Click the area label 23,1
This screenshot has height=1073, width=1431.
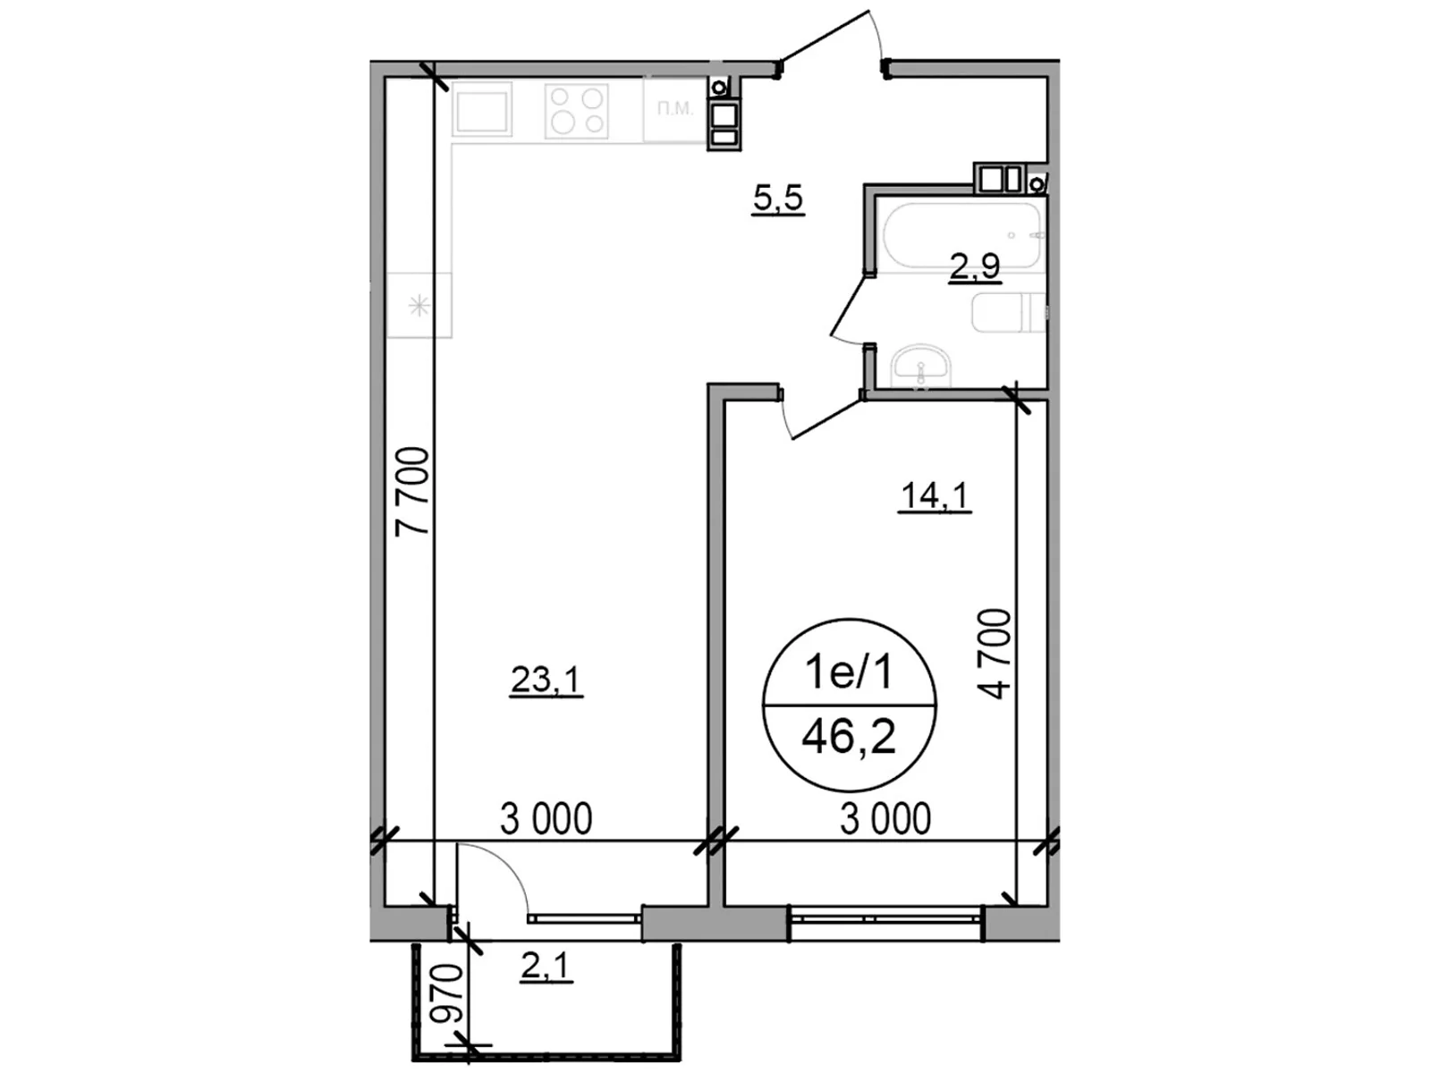(546, 680)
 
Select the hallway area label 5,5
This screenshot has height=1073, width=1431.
(778, 198)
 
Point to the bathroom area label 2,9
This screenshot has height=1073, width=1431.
(974, 266)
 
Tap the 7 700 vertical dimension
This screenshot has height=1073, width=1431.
(413, 492)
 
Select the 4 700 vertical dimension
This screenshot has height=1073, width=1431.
(995, 653)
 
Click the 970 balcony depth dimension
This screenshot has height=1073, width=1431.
(445, 994)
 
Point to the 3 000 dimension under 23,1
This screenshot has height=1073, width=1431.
(546, 818)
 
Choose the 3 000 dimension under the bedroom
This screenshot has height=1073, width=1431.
(885, 818)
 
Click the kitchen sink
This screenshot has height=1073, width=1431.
(483, 112)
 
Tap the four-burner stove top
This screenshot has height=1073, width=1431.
(577, 111)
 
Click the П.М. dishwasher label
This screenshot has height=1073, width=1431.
(674, 109)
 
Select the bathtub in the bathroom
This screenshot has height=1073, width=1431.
(961, 234)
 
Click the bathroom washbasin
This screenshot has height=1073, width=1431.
(920, 366)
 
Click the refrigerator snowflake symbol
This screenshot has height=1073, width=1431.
(419, 307)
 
